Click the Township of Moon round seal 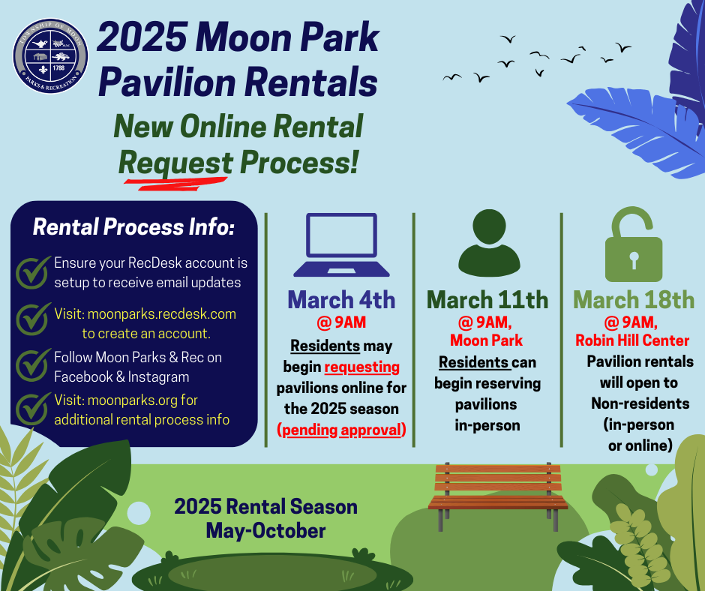pos(50,56)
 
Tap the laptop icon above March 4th pos(341,244)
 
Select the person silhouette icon pos(489,243)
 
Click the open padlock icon pos(634,244)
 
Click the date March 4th pos(341,299)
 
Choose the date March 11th pos(487,299)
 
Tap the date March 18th pos(634,299)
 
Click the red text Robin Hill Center pos(632,340)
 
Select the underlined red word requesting pos(362,367)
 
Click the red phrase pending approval pos(341,430)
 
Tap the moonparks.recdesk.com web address pos(162,314)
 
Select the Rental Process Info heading pos(133,226)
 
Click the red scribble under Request pos(175,184)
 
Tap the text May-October pos(265,531)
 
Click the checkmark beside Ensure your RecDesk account pos(33,271)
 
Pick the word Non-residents pos(640,403)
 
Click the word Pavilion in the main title pos(166,82)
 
